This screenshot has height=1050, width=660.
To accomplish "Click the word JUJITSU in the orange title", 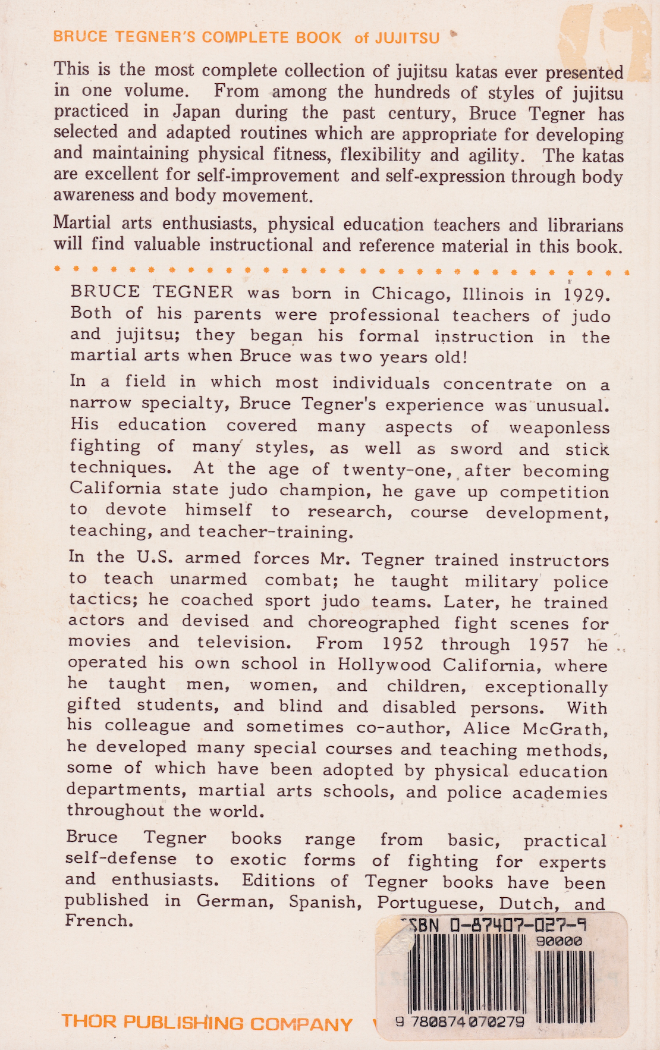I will pos(407,38).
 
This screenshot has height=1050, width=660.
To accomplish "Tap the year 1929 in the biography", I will pos(586,295).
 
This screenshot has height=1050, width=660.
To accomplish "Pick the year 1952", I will pos(403,644).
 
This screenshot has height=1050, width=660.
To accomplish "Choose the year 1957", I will pos(548,645).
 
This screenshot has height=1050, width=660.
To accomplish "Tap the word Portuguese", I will pos(431,903).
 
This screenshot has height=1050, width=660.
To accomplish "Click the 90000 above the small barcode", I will pos(559,941).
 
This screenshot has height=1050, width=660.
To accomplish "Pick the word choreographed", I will pos(373,623).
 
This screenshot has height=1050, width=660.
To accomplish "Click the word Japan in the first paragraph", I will pos(197,112).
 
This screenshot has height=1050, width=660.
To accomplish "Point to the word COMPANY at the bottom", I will pos(301,1024).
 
